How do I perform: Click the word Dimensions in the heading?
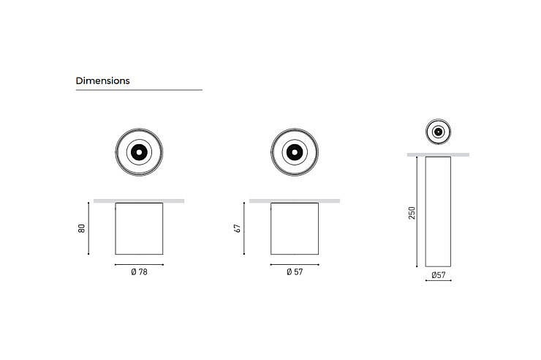pos(103,80)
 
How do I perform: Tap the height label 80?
pos(81,228)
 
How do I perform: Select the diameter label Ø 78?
pos(139,272)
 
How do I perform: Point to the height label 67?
pos(237,228)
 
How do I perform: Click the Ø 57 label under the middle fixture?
pos(295,272)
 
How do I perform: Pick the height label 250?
pos(412,213)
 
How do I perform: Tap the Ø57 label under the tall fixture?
pos(438,274)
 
